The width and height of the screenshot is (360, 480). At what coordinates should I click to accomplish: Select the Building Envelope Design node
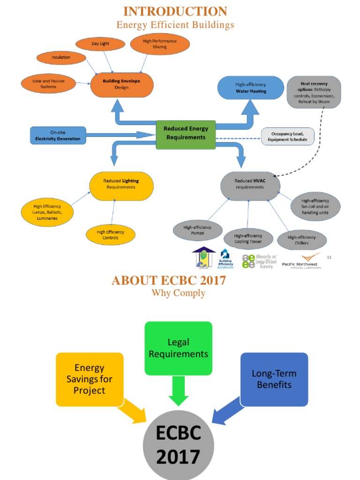121,84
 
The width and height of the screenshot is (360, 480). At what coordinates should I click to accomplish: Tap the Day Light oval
100,44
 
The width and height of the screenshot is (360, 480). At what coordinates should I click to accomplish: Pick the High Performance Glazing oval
159,44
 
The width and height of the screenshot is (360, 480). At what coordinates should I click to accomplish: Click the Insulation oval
61,58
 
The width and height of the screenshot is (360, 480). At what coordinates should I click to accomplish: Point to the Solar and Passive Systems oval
48,84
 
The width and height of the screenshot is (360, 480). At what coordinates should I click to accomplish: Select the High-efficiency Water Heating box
251,88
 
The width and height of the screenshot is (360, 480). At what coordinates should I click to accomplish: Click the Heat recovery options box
314,92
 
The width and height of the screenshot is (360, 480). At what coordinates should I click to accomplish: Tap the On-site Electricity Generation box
58,135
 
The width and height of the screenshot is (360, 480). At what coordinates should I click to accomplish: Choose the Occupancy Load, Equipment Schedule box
287,136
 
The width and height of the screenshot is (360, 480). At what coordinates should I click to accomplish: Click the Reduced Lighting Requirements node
121,184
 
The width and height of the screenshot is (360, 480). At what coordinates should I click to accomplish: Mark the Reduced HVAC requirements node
249,184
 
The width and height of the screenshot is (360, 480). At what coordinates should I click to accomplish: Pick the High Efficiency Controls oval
111,235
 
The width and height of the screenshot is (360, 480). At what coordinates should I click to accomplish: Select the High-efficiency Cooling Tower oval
248,239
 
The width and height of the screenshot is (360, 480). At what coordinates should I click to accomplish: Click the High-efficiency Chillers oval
301,240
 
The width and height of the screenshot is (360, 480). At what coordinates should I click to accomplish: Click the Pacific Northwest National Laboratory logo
301,261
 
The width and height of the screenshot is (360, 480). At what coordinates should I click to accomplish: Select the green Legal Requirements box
178,348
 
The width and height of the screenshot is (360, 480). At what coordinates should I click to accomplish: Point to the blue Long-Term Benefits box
274,379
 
